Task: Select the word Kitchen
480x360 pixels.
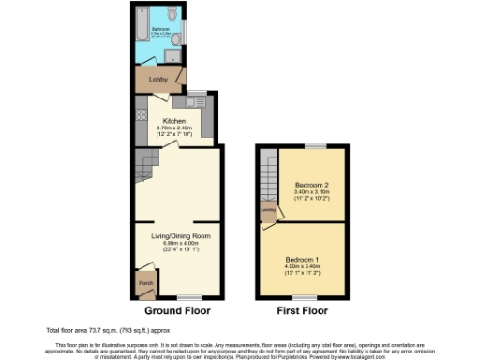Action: [x=174, y=121]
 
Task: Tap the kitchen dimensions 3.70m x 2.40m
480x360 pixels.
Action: [x=174, y=127]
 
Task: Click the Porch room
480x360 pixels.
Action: [x=145, y=282]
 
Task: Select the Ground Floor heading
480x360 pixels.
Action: [x=177, y=310]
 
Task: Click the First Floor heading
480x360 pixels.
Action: [x=301, y=310]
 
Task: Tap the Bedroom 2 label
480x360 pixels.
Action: [x=310, y=184]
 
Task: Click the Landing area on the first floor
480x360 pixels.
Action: [x=268, y=211]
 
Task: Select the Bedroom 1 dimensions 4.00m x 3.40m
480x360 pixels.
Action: [x=302, y=267]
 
